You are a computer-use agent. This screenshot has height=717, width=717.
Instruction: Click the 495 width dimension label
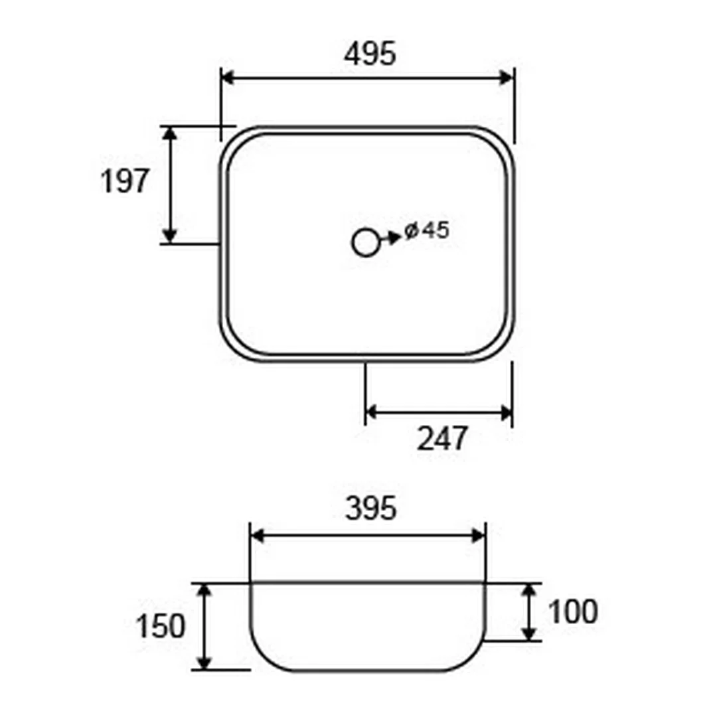[x=370, y=54]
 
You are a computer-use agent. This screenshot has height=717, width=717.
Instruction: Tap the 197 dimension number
[x=124, y=181]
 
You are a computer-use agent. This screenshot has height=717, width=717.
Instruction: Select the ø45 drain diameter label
[x=427, y=230]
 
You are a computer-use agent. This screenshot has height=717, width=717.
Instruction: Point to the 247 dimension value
[x=442, y=438]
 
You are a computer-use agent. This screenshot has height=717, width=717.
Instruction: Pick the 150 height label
[x=161, y=626]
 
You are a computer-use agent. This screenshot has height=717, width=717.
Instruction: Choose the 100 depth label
[x=573, y=611]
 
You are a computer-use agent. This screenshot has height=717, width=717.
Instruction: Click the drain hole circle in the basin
[x=365, y=242]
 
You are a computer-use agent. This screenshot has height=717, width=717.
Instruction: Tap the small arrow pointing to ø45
[x=390, y=238]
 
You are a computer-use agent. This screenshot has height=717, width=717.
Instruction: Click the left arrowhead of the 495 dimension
[x=228, y=78]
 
